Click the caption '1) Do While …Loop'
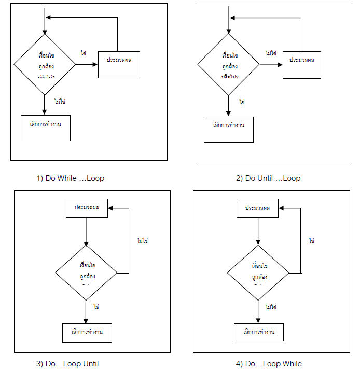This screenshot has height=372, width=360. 70,178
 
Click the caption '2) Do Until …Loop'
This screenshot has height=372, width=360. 268,178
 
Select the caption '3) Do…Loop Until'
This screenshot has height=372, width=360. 67,363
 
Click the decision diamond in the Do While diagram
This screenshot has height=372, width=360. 45,65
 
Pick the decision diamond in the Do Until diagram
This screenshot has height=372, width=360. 229,65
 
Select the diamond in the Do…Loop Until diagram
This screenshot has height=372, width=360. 87,273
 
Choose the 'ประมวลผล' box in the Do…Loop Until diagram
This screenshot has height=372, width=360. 86,208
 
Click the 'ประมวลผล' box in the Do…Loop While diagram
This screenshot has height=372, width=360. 258,208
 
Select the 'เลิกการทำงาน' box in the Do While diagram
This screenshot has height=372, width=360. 45,127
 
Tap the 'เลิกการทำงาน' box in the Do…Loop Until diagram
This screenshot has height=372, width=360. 87,332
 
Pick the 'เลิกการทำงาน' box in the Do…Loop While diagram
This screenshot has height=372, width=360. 258,332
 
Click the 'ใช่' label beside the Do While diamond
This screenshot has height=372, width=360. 83,53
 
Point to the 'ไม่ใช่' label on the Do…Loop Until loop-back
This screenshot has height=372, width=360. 142,240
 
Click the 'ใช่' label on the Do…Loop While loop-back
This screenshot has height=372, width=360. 312,240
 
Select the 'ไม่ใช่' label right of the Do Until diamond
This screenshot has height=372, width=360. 270,53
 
